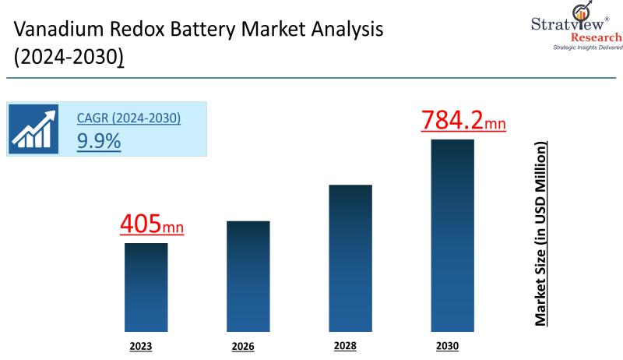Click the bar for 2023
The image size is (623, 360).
(146, 288)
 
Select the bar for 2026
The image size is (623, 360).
(248, 277)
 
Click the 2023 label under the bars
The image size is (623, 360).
(141, 345)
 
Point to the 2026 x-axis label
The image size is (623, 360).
(243, 346)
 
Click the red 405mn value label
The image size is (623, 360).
(152, 224)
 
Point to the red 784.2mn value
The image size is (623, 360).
(463, 121)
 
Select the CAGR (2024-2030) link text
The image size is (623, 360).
(128, 118)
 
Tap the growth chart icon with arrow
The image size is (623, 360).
(34, 129)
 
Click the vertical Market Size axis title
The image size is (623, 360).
(540, 234)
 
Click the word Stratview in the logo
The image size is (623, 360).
(547, 23)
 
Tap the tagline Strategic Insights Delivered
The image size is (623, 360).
(587, 48)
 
